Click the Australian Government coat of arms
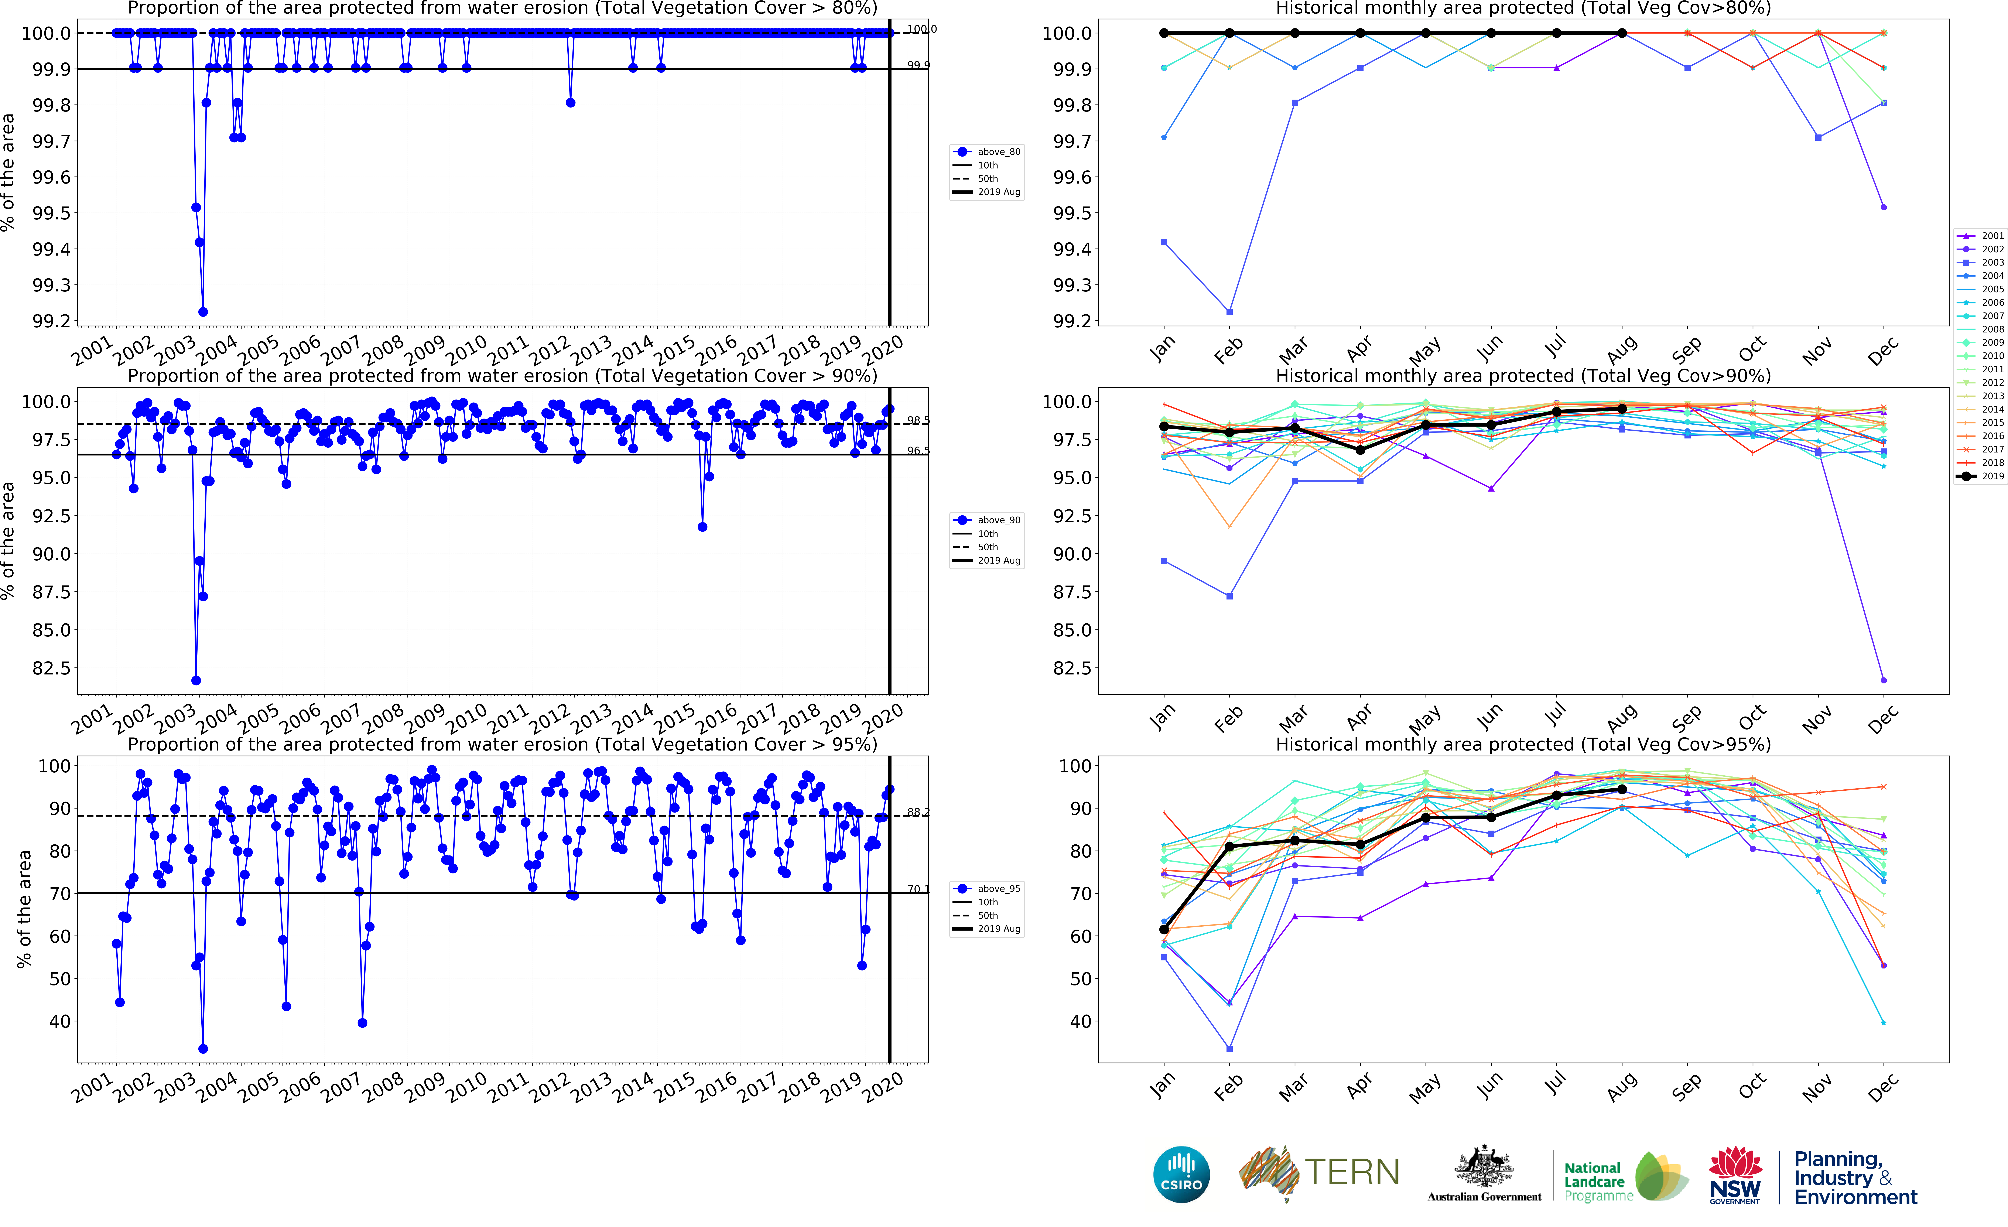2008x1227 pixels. point(1484,1167)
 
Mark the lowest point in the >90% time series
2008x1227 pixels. point(196,680)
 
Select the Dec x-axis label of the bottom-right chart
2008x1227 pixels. point(1882,1088)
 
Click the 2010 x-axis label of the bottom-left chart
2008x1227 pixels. point(466,1088)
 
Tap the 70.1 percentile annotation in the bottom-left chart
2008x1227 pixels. point(918,889)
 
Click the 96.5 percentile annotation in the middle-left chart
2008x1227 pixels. point(918,451)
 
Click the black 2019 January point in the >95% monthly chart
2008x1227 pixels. point(1164,930)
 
